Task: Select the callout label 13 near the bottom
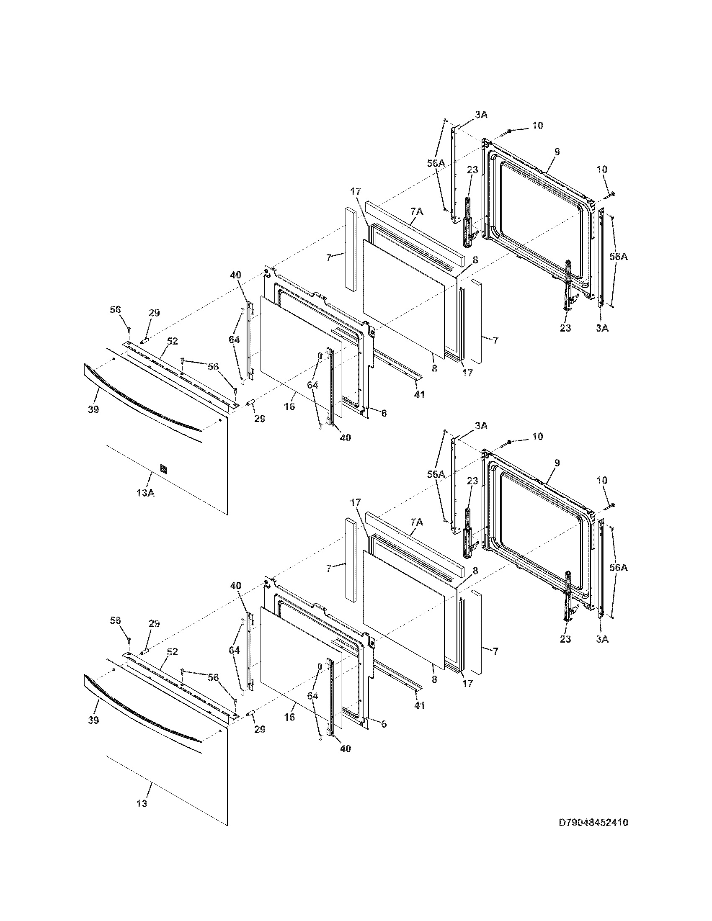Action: pyautogui.click(x=142, y=804)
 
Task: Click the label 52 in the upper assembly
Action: pyautogui.click(x=172, y=341)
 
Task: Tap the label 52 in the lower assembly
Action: pyautogui.click(x=172, y=652)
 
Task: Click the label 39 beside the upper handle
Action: pyautogui.click(x=94, y=409)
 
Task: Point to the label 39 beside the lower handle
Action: pyautogui.click(x=94, y=720)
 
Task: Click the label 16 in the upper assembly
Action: pyautogui.click(x=289, y=406)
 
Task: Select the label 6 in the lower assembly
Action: pyautogui.click(x=384, y=724)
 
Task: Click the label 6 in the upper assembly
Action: pyautogui.click(x=384, y=413)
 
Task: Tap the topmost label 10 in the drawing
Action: pyautogui.click(x=537, y=126)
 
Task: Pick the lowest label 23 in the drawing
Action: pyautogui.click(x=565, y=639)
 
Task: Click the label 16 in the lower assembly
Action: pyautogui.click(x=289, y=717)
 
